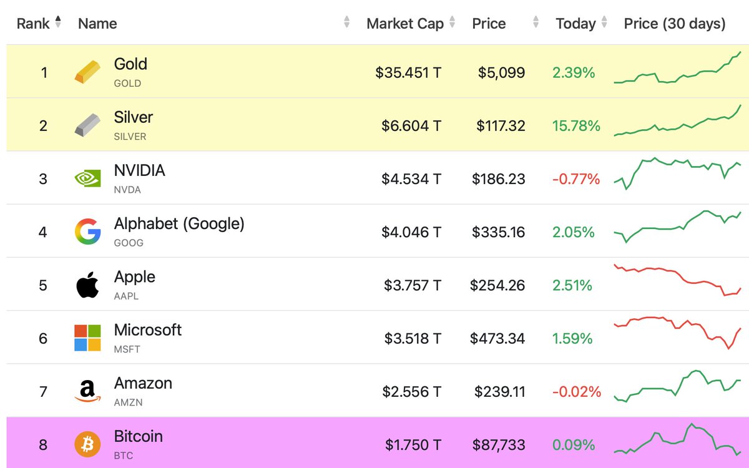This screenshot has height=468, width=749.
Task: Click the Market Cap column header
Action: [x=404, y=24]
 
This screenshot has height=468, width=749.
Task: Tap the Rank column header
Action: [x=33, y=24]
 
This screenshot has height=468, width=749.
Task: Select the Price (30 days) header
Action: [x=674, y=24]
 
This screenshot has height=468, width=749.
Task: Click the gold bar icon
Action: [x=87, y=72]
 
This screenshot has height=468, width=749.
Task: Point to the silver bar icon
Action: [x=87, y=125]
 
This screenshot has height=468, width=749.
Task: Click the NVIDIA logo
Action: [x=87, y=179]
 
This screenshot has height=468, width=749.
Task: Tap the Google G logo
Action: [x=87, y=232]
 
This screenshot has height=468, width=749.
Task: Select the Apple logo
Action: [x=87, y=285]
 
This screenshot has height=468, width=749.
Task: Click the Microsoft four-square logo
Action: [x=87, y=338]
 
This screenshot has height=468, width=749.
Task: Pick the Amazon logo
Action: [x=87, y=391]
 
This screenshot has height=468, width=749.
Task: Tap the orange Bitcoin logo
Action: [x=87, y=445]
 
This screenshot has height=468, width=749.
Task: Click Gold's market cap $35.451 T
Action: [x=408, y=73]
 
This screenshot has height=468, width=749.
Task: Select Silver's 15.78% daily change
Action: [x=575, y=126]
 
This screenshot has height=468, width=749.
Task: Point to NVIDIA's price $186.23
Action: [x=498, y=179]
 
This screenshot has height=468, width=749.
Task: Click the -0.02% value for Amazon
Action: [x=576, y=392]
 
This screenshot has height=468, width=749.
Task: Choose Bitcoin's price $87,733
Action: [x=498, y=445]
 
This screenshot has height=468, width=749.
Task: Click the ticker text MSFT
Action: [x=127, y=349]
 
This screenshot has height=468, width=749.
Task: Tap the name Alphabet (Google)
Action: [x=179, y=223]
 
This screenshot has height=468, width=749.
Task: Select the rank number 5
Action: [x=43, y=285]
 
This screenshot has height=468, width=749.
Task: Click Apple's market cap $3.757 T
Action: [x=412, y=285]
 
